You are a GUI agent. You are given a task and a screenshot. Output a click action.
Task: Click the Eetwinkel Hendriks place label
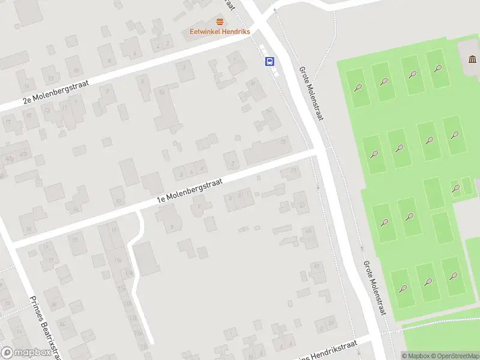pyautogui.click(x=220, y=32)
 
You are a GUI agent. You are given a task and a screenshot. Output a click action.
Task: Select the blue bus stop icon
pyautogui.click(x=270, y=61)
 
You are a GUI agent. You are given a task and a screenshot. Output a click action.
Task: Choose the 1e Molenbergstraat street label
pyautogui.click(x=190, y=190)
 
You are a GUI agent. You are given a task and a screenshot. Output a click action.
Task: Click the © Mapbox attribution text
pyautogui.click(x=415, y=356)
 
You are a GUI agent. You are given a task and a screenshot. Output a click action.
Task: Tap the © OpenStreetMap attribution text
pyautogui.click(x=454, y=356)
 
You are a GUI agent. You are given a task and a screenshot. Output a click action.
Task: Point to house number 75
pyautogui.click(x=283, y=142)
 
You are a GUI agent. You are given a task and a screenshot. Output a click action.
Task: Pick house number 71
pyautogui.click(x=293, y=170)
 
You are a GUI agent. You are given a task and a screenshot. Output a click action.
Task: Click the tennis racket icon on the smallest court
pyautogui.click(x=456, y=188)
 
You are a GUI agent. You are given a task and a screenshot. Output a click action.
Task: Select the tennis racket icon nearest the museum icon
pyautogui.click(x=438, y=68)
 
